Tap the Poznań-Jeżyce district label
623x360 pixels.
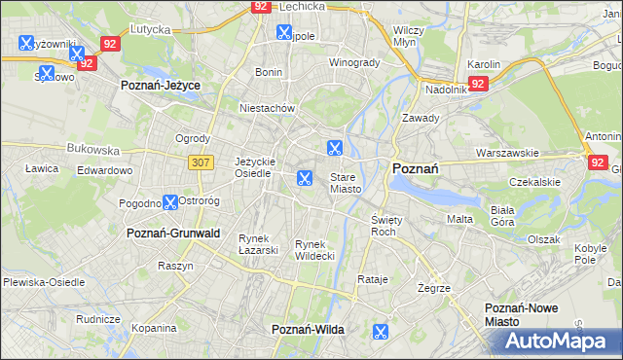tap(160, 86)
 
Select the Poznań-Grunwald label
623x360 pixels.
tap(173, 234)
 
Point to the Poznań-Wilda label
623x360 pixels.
tap(308, 330)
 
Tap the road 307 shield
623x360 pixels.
tap(201, 162)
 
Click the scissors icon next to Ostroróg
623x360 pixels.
tap(170, 202)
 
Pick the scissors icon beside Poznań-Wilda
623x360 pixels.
tap(380, 332)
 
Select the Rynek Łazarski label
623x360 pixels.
tap(259, 244)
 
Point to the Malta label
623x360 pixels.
tap(459, 220)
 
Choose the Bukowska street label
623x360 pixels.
tap(92, 151)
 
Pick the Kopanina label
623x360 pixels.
tap(154, 329)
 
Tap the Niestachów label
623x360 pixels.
tap(267, 109)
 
